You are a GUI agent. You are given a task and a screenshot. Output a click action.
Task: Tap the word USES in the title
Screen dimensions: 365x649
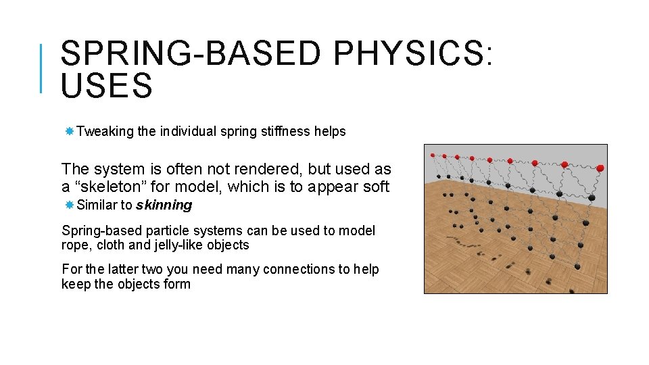pyautogui.click(x=107, y=87)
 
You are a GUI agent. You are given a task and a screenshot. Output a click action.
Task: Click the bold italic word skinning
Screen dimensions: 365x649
pyautogui.click(x=164, y=205)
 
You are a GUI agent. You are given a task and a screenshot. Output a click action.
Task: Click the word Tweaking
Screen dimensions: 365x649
pyautogui.click(x=105, y=132)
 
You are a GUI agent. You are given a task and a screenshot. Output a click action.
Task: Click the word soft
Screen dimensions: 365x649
pyautogui.click(x=376, y=187)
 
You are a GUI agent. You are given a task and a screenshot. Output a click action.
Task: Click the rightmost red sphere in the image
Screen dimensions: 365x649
pyautogui.click(x=600, y=168)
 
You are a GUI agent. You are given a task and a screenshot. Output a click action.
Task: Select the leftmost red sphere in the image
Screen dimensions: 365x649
pyautogui.click(x=433, y=155)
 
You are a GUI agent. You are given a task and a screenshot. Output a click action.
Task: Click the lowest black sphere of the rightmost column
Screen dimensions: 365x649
pyautogui.click(x=577, y=267)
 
